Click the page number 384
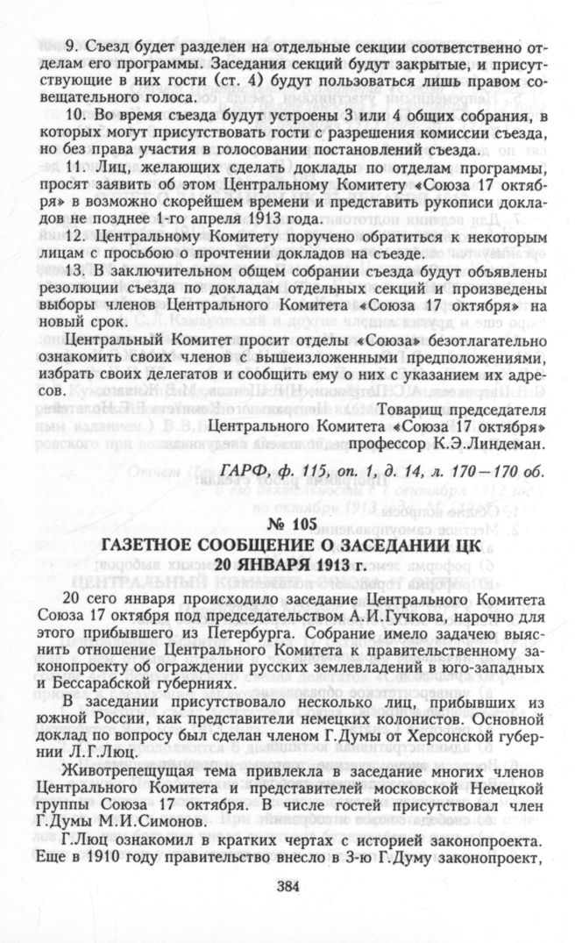pyautogui.click(x=287, y=886)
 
